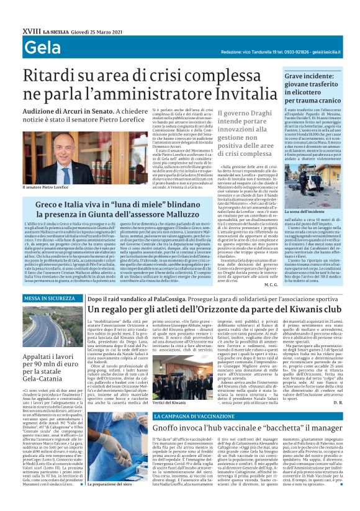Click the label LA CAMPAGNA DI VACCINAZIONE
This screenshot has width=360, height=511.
(188, 415)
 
